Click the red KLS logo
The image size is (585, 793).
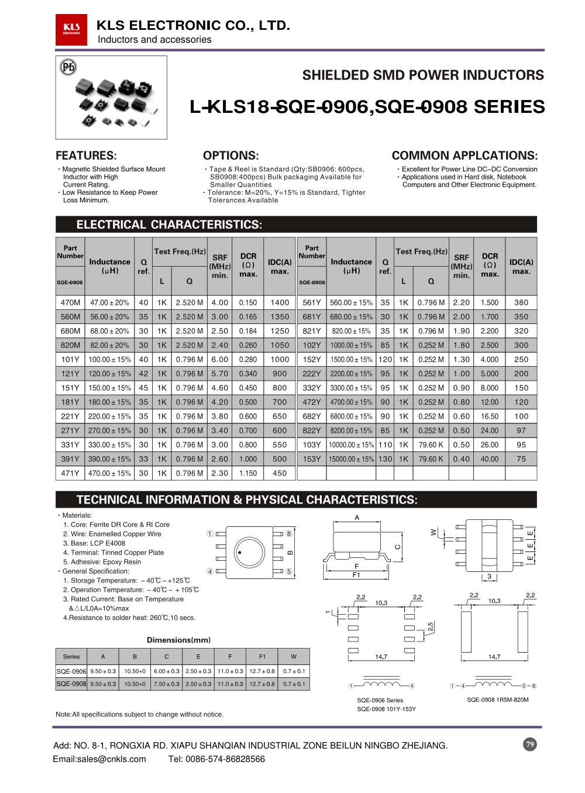pos(71,29)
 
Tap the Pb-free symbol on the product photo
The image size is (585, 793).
pos(68,67)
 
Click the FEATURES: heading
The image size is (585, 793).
pos(86,156)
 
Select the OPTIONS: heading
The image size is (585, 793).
pos(230,156)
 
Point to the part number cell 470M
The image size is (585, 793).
pos(70,302)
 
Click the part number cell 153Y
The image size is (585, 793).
pos(312,459)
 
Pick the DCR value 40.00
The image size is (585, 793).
pos(490,459)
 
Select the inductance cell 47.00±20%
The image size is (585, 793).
pos(109,302)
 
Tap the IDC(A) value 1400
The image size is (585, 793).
pos(280,302)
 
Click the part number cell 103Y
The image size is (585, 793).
pos(312,445)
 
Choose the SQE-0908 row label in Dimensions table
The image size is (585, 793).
pos(71,684)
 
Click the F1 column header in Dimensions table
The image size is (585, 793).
pos(262,656)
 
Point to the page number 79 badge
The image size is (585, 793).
pos(530,744)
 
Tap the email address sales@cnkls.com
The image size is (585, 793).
pos(99,759)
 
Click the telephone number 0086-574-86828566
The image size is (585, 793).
pos(216,759)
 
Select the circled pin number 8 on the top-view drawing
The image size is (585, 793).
pos(289,533)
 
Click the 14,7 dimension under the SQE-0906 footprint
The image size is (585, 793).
pos(381,657)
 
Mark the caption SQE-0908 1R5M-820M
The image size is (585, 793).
pos(497,699)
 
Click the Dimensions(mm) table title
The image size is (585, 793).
pos(178,640)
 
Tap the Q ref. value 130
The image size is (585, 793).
pos(385,459)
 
